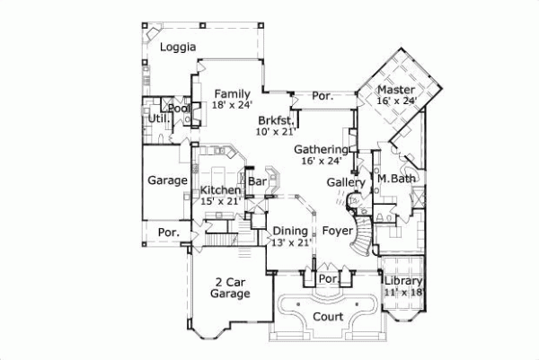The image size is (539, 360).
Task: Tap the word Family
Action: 231,93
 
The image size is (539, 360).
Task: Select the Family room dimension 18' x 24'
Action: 231,105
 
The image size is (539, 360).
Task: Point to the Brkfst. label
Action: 275,119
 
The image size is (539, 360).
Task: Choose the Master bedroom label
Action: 395,90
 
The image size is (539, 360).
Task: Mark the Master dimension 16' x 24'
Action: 397,101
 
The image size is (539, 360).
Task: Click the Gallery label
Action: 345,182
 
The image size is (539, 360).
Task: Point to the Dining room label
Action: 290,230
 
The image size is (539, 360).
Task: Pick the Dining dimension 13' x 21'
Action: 290,241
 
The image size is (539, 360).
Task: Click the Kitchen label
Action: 220,190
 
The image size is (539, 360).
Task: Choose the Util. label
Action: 159,118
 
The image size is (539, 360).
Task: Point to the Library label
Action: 403,281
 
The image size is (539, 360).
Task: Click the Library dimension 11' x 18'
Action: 404,293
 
